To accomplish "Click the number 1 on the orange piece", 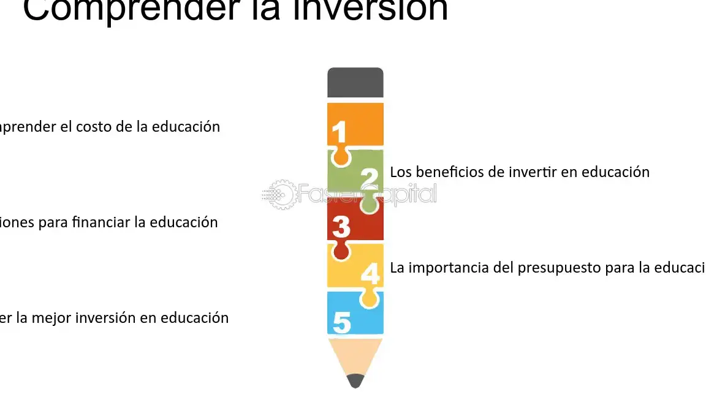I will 339,132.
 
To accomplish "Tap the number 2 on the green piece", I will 369,178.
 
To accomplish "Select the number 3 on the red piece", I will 341,226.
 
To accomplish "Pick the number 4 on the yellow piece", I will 370,273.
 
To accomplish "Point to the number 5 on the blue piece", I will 341,322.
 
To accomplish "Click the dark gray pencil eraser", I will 355,83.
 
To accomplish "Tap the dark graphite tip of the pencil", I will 355,381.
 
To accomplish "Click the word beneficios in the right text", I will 450,172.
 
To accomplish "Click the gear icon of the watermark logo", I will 281,194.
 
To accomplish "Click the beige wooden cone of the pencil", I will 355,355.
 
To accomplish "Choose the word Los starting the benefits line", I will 401,172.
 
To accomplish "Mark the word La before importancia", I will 397,268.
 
